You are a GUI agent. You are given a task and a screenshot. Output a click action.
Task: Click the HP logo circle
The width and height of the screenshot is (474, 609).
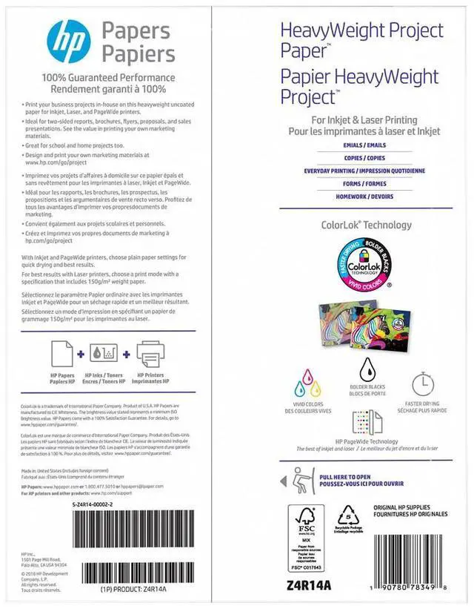[67, 42]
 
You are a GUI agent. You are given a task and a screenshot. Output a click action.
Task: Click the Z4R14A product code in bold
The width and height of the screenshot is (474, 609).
[307, 586]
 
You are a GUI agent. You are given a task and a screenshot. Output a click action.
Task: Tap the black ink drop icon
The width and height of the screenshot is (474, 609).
[366, 369]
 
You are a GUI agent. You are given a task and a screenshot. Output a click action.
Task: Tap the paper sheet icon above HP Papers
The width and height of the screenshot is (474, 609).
[62, 354]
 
